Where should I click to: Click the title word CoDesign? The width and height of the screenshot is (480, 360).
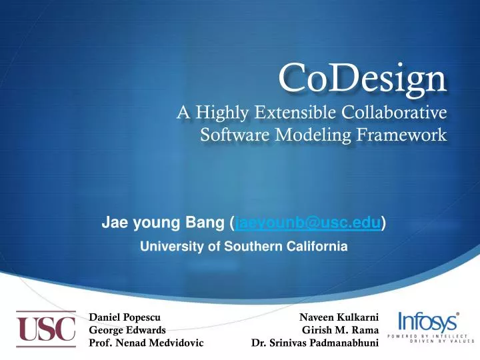tap(362, 79)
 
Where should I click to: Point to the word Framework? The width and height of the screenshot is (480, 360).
tap(405, 136)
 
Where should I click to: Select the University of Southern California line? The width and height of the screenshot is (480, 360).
tap(243, 246)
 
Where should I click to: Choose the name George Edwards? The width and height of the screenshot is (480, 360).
tap(127, 330)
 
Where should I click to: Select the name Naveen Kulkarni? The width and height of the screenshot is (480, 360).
tap(339, 317)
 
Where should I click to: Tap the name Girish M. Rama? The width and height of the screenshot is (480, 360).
tap(341, 330)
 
